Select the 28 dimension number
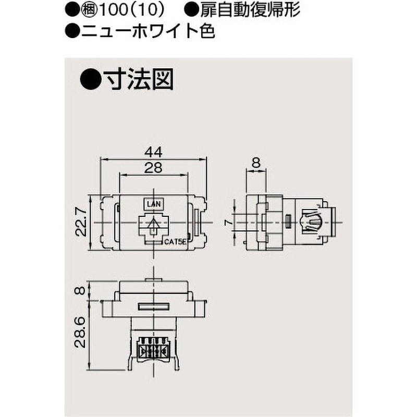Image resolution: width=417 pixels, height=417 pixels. [x=153, y=168]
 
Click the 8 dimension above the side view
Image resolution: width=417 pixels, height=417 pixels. [x=256, y=162]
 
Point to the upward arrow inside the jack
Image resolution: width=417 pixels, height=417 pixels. [x=153, y=226]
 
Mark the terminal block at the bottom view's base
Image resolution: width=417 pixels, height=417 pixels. [x=153, y=348]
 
